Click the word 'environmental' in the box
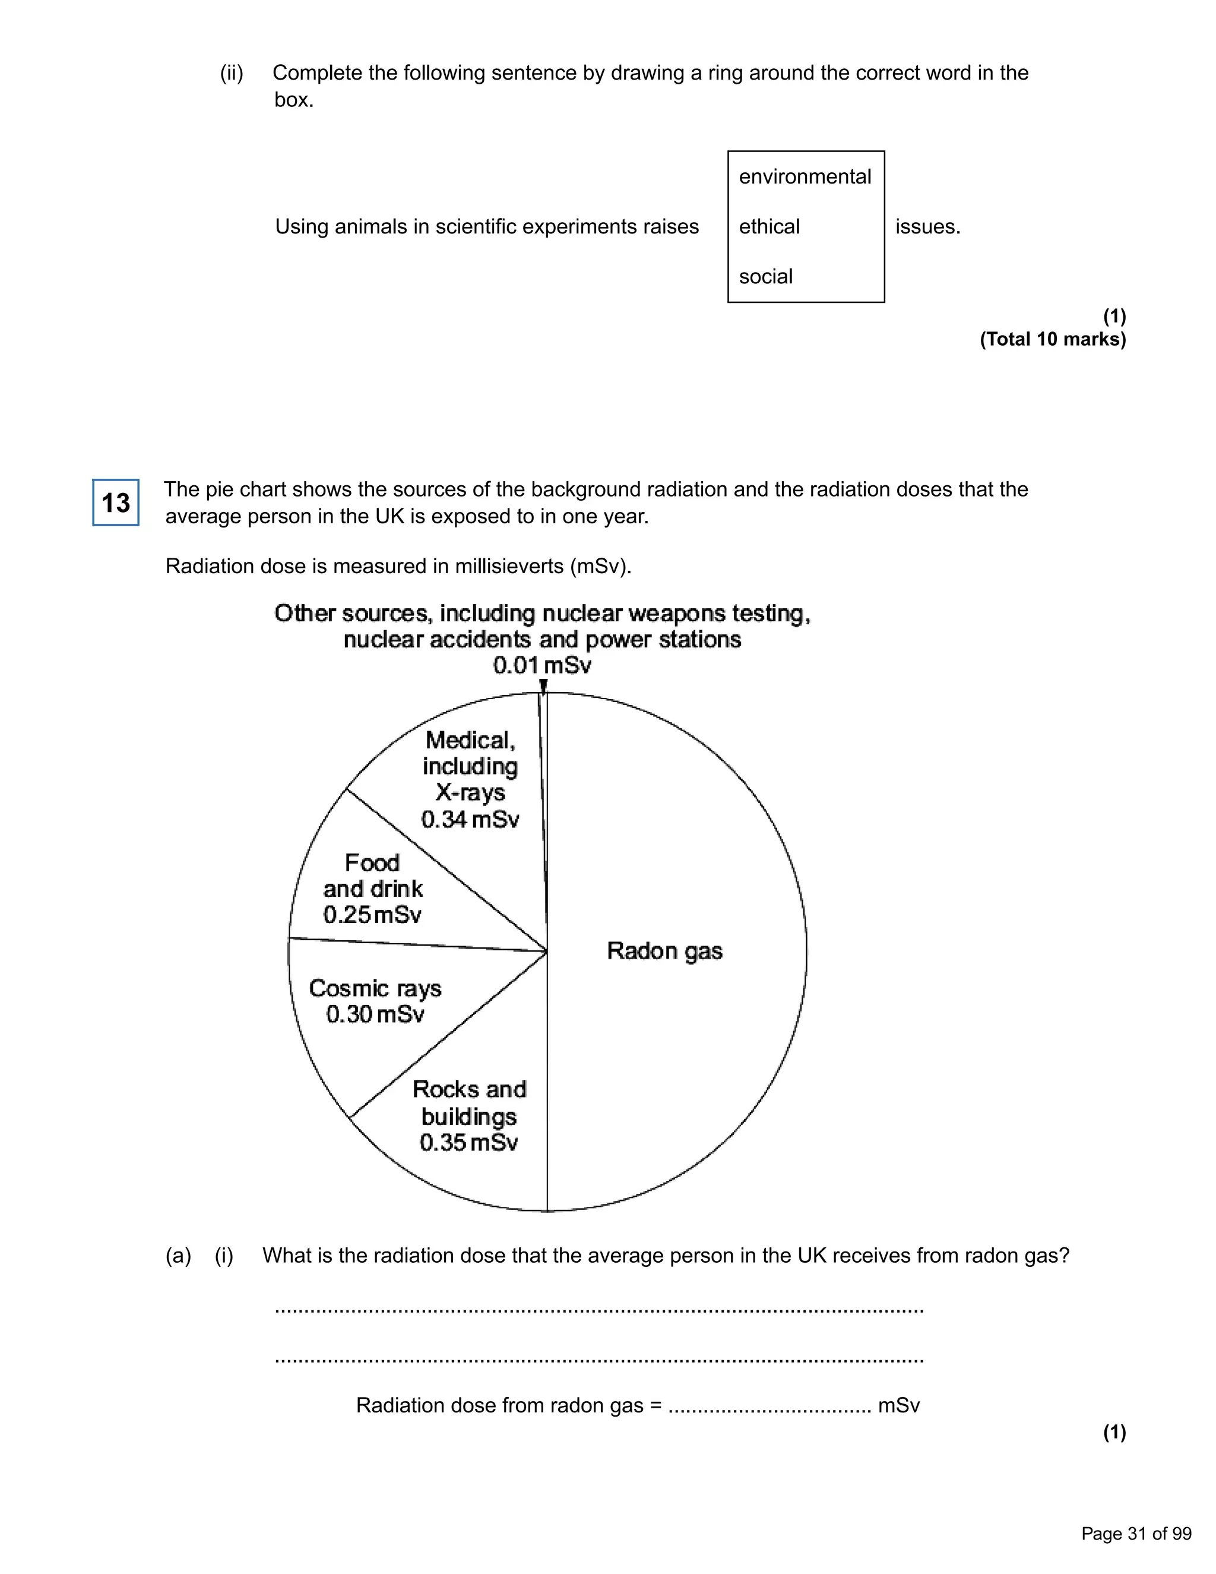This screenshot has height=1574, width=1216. click(x=805, y=176)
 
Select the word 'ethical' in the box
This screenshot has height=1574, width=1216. click(x=769, y=226)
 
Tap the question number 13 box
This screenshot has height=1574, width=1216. click(x=115, y=502)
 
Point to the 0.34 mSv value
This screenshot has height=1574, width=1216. click(x=470, y=820)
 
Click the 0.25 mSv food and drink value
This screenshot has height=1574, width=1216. click(x=372, y=915)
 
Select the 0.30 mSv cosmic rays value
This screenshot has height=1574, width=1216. click(x=375, y=1014)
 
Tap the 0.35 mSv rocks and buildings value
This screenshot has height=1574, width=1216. click(x=468, y=1142)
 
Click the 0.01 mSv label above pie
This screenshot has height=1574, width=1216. click(x=541, y=665)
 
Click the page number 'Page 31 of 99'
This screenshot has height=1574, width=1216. click(x=1136, y=1534)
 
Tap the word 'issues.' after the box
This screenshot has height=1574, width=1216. click(x=927, y=226)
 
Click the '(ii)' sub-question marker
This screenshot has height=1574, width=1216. click(x=231, y=73)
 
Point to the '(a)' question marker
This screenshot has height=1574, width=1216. click(x=178, y=1256)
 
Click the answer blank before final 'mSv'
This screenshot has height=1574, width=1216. click(x=769, y=1406)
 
